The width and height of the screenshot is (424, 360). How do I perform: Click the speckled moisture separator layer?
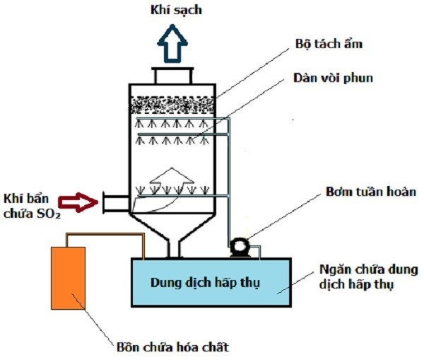pyautogui.click(x=173, y=105)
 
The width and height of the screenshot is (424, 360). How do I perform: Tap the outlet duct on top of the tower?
pyautogui.click(x=173, y=75)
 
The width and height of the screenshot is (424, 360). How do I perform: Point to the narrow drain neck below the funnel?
pyautogui.click(x=173, y=249)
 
